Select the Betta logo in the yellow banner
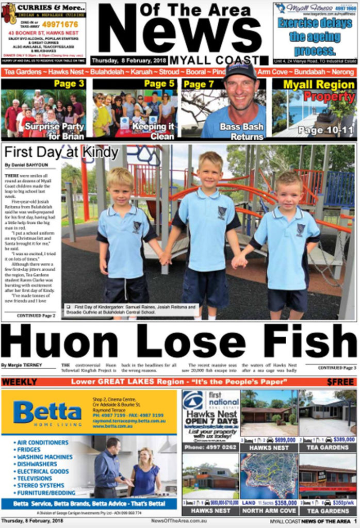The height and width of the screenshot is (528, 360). click(x=47, y=411)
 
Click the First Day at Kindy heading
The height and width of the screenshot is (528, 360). click(x=61, y=153)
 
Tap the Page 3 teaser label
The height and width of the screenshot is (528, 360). click(x=69, y=84)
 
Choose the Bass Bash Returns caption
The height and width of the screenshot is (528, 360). click(x=241, y=131)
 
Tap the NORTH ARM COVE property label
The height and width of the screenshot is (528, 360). click(x=269, y=511)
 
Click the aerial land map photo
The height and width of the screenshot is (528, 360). click(x=268, y=476)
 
